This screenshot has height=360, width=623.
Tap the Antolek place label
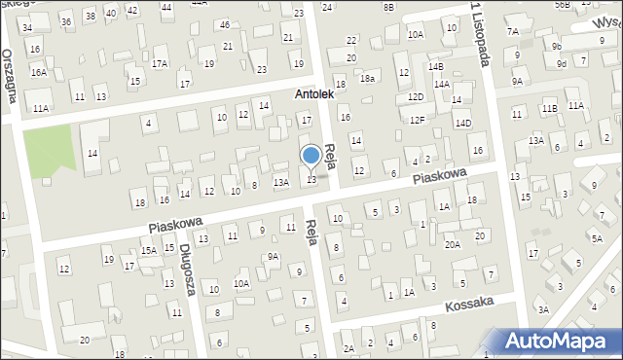pos(315,95)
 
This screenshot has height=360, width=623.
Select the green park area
pos(47,150)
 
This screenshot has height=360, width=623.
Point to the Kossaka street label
pos(470,305)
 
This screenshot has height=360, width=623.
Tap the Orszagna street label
pos(11,77)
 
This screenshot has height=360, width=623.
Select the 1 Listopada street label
pos(480,35)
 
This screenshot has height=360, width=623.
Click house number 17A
pos(160,64)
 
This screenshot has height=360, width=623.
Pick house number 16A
pos(38,72)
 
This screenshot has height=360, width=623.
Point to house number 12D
pos(416,97)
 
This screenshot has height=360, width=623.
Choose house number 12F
pos(417,120)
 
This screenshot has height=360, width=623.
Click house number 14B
pos(435,66)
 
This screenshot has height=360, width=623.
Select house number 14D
pos(463,124)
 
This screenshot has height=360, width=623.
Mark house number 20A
pos(453,245)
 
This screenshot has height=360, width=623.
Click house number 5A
pos(596,236)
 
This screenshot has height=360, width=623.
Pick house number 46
pos(225,25)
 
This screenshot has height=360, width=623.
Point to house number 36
pos(65,21)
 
